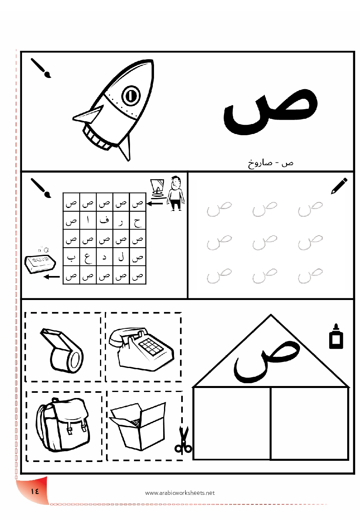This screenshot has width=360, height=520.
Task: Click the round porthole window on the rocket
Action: [x=131, y=96]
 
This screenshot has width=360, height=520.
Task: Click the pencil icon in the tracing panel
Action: [x=339, y=186]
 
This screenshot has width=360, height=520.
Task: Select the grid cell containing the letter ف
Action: [x=104, y=220]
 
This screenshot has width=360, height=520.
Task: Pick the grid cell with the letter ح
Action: [x=138, y=220]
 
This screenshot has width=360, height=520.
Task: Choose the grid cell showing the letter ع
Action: [x=88, y=257]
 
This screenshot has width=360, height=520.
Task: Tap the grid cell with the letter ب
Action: [x=71, y=257]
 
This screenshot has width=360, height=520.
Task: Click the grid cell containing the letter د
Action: [x=104, y=257]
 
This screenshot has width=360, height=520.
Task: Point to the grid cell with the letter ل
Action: [x=121, y=257]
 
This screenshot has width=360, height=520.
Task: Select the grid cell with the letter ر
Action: [x=121, y=220]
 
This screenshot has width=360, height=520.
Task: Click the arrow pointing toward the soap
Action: [x=52, y=277]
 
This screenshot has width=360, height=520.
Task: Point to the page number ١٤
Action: [x=35, y=491]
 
